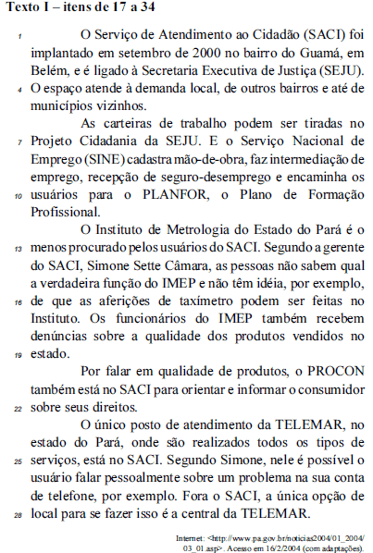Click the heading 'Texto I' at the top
(27, 8)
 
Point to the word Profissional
(68, 214)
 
